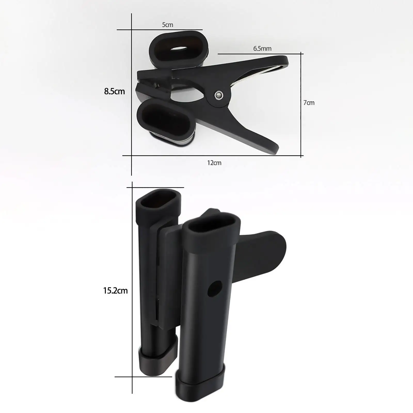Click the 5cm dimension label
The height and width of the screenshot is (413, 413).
tap(168, 25)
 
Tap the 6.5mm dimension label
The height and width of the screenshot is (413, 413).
tap(262, 48)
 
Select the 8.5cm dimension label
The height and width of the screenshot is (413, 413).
tap(114, 91)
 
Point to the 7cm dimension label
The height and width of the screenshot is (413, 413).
tap(309, 103)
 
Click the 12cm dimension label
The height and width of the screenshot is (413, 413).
tap(214, 163)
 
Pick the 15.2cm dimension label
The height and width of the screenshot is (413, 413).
tap(115, 291)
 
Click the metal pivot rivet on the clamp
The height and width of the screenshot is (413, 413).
tap(219, 95)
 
